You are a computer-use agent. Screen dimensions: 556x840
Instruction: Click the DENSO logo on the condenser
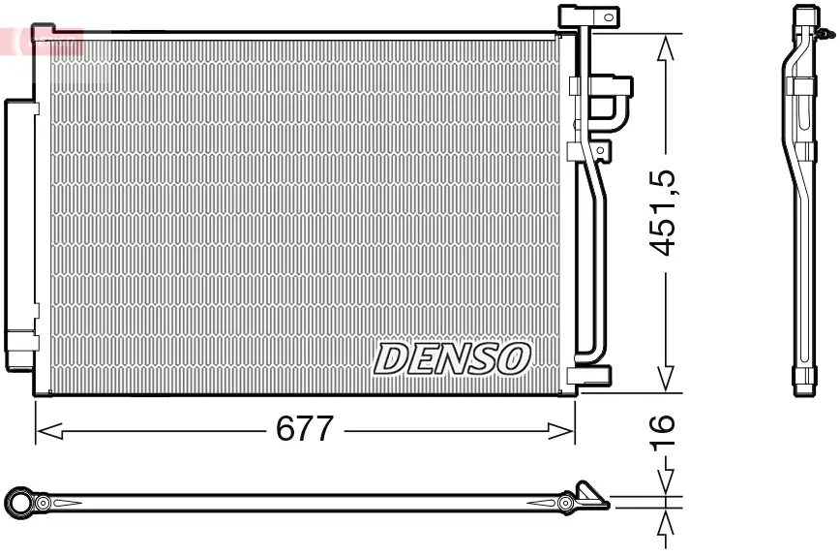click(453, 358)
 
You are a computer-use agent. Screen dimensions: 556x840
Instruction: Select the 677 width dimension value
click(304, 429)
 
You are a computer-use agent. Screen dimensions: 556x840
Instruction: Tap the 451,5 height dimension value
click(664, 212)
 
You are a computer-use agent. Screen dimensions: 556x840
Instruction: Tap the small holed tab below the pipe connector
click(601, 150)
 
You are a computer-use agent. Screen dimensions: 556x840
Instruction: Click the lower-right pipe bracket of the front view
click(591, 376)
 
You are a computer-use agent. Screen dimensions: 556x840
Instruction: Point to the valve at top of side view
click(824, 35)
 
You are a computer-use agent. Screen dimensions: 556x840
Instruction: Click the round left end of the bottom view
click(18, 502)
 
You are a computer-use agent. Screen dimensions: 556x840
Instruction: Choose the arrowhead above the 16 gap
click(665, 481)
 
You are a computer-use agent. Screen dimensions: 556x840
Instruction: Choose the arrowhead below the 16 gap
click(665, 522)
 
